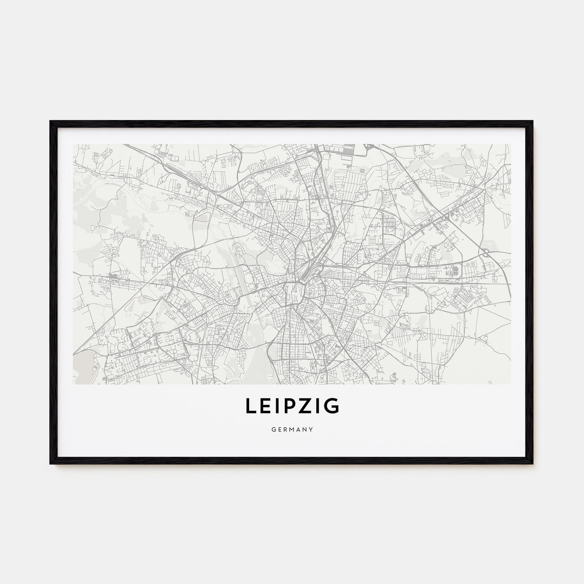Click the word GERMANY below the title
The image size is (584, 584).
point(292,428)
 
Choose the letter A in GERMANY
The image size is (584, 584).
point(297,428)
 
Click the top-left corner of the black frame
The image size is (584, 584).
point(51,121)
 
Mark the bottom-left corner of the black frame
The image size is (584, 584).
point(51,463)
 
